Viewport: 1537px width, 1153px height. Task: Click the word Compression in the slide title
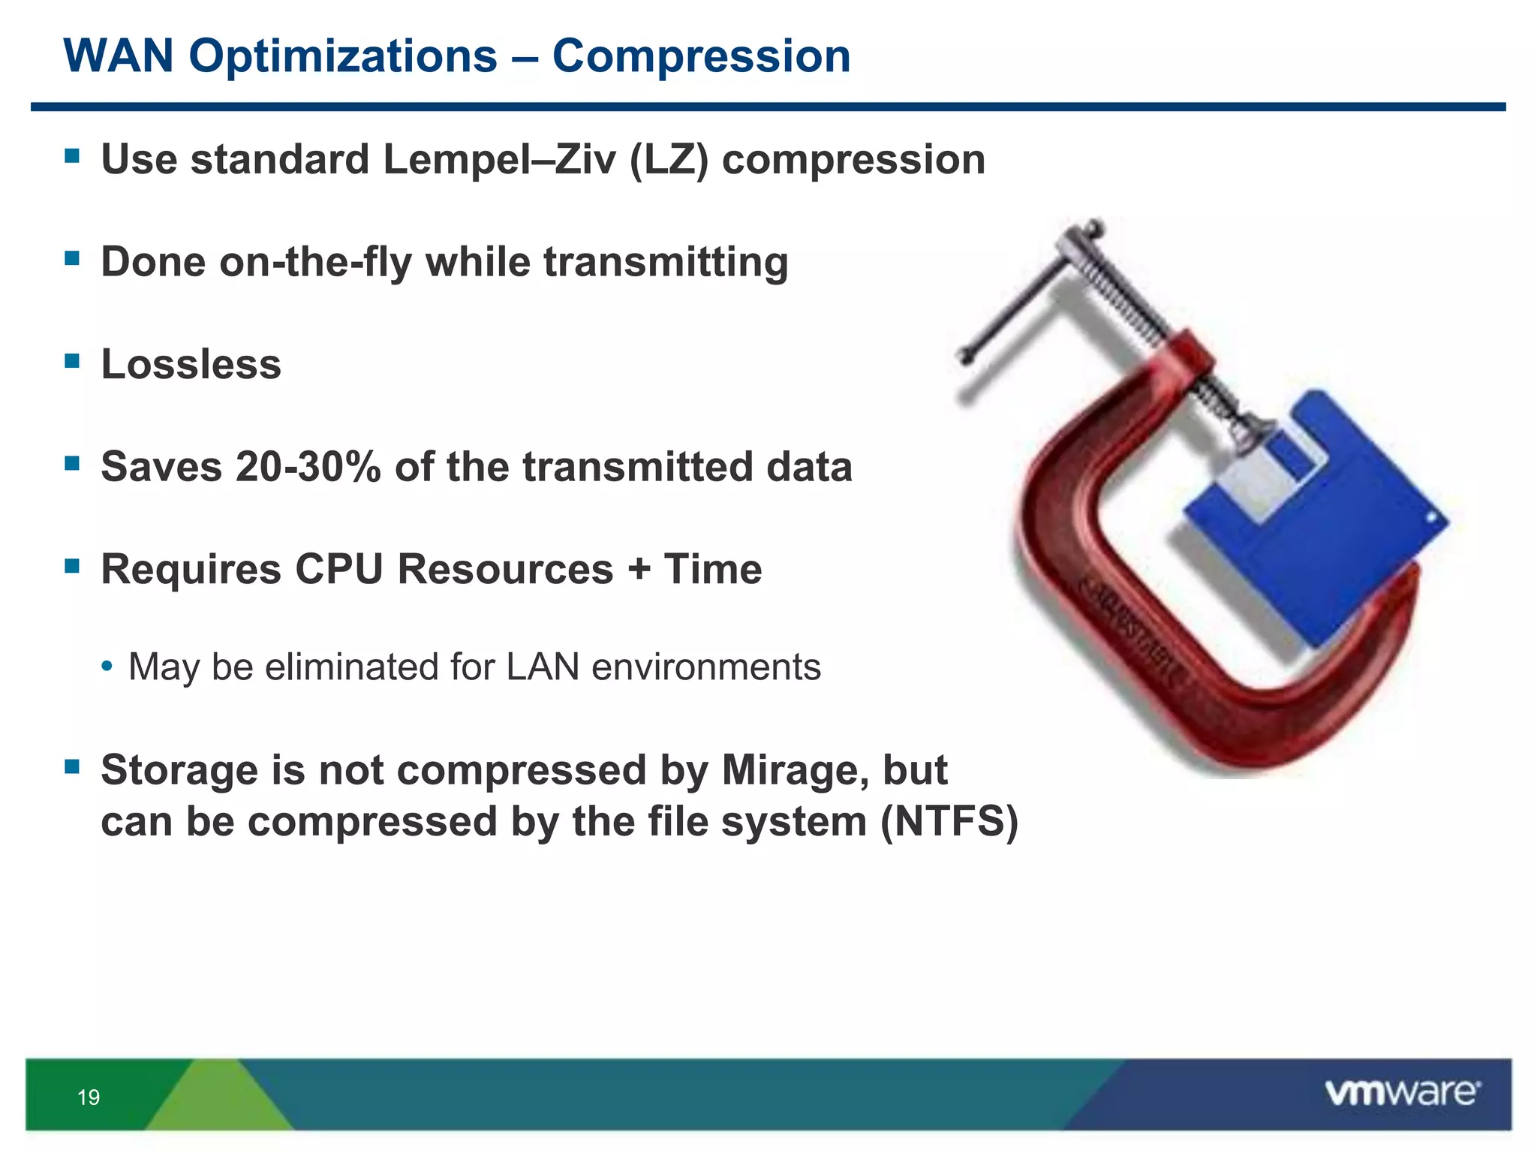(x=701, y=56)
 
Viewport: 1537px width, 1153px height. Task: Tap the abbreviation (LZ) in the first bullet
(x=669, y=160)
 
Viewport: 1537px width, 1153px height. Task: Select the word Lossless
(x=191, y=365)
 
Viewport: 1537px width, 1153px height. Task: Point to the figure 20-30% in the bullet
(x=308, y=467)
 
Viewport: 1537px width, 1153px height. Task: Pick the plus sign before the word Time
(x=639, y=569)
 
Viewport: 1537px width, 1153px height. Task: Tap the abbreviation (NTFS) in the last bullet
(x=949, y=821)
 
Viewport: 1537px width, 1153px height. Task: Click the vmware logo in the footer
(x=1402, y=1093)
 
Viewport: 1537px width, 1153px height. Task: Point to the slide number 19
(x=89, y=1097)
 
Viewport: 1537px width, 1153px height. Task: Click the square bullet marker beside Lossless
(x=72, y=361)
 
